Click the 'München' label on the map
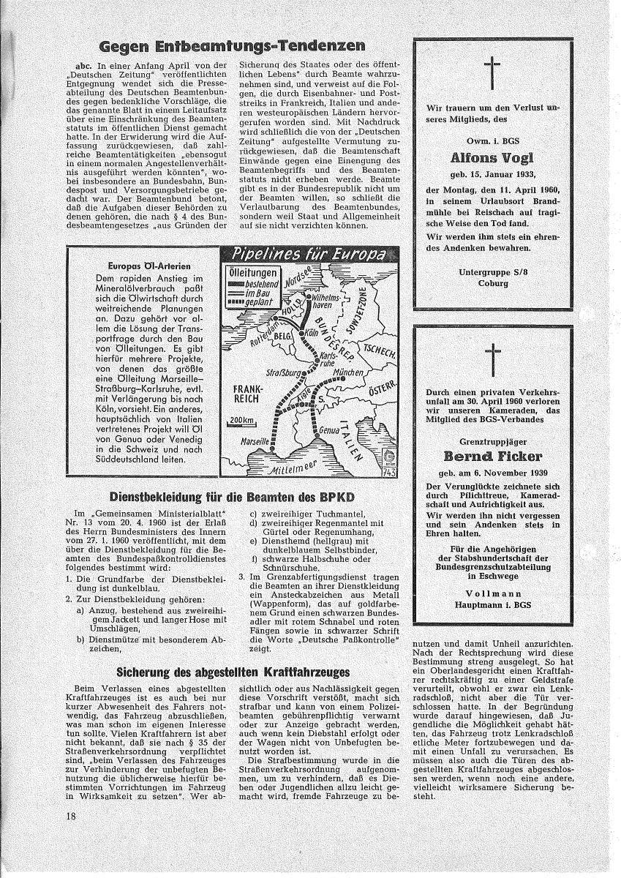click(347, 374)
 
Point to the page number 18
click(70, 811)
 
